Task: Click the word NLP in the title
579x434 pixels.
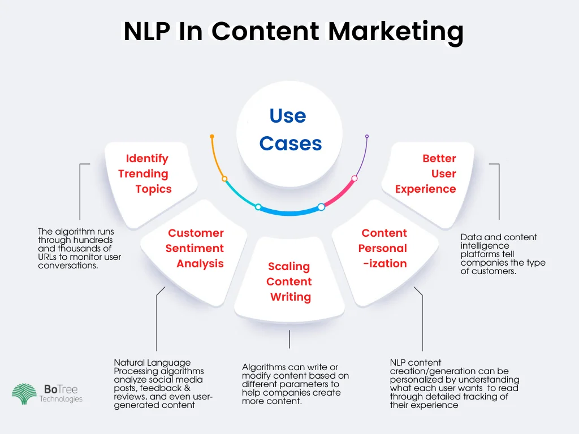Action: click(x=146, y=32)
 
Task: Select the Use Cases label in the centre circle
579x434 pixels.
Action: click(x=290, y=129)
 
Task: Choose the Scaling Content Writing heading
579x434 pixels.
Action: click(x=289, y=281)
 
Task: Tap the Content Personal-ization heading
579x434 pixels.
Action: click(x=383, y=248)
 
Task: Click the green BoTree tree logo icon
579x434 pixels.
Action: click(x=24, y=394)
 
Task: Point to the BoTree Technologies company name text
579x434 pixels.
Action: click(x=61, y=393)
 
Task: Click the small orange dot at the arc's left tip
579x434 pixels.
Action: click(x=212, y=136)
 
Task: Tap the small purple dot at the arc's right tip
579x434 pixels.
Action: click(x=367, y=136)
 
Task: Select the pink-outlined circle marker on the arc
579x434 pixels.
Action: click(x=355, y=179)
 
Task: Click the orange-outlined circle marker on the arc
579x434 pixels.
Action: click(x=224, y=179)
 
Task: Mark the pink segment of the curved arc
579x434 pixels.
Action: click(x=339, y=195)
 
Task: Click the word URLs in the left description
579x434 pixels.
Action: click(x=48, y=257)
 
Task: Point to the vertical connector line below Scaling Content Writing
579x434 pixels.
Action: click(x=289, y=339)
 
